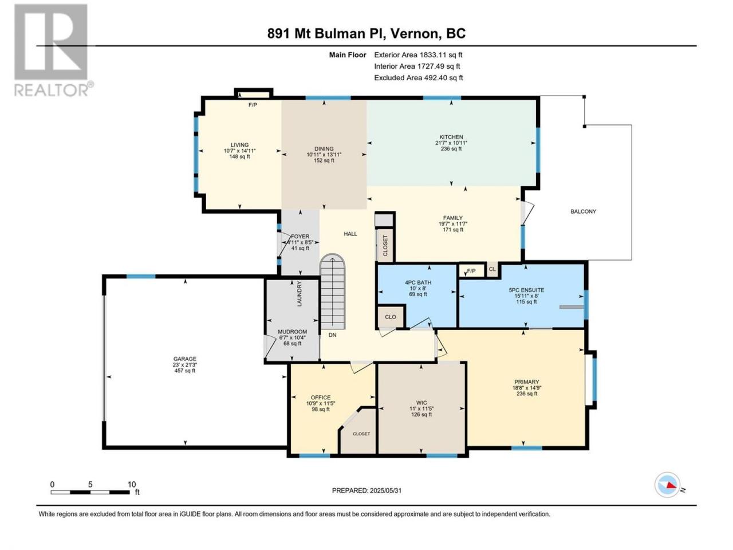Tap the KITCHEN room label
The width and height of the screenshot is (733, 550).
[451, 137]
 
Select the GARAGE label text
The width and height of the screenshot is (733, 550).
[184, 359]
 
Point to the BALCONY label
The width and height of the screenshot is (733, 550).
[583, 211]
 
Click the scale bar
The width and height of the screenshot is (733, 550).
[90, 492]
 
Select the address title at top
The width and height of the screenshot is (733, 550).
[366, 33]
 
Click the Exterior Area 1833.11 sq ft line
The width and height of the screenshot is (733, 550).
[418, 55]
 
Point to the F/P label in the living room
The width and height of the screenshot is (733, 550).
[253, 105]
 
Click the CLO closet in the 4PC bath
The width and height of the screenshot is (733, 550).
[391, 317]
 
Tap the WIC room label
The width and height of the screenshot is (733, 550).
[421, 402]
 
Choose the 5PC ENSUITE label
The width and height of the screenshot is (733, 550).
[526, 290]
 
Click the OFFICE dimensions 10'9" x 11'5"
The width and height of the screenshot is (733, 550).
[321, 403]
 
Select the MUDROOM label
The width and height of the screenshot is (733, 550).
[292, 332]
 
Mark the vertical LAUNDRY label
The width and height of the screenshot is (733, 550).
[299, 294]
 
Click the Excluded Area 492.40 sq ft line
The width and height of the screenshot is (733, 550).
[419, 78]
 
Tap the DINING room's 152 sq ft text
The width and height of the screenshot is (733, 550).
[324, 160]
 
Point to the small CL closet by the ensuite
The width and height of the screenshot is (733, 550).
[492, 269]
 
